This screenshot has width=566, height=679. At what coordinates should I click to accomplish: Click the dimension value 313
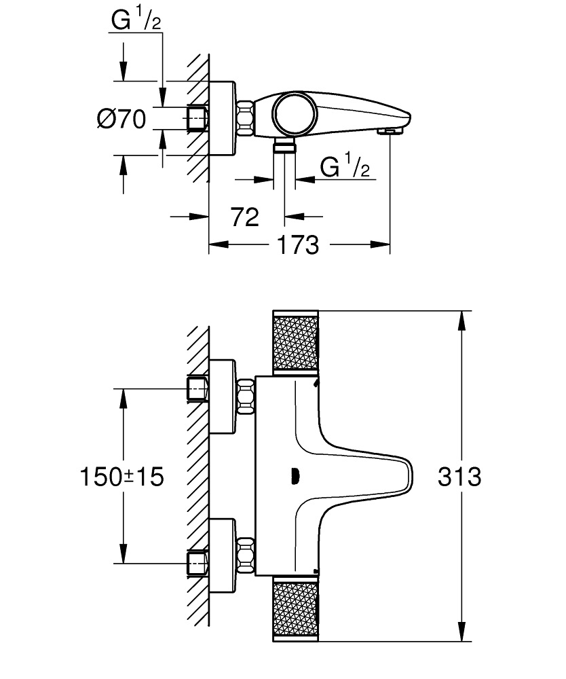(x=459, y=476)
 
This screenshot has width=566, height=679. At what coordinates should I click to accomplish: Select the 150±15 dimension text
(x=123, y=476)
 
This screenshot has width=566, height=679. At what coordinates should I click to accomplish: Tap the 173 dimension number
(x=298, y=244)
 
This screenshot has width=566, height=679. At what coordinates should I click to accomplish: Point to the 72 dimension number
(x=245, y=217)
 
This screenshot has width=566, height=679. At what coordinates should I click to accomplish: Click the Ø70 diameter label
(x=121, y=120)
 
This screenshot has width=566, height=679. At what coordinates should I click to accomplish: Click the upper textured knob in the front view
(x=295, y=343)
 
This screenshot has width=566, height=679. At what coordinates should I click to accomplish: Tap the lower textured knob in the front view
(x=295, y=609)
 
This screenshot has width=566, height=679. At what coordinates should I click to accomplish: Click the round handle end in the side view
(x=293, y=112)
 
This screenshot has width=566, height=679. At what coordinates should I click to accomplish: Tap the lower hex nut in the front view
(x=245, y=552)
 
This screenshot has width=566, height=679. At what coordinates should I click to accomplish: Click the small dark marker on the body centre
(x=295, y=476)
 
